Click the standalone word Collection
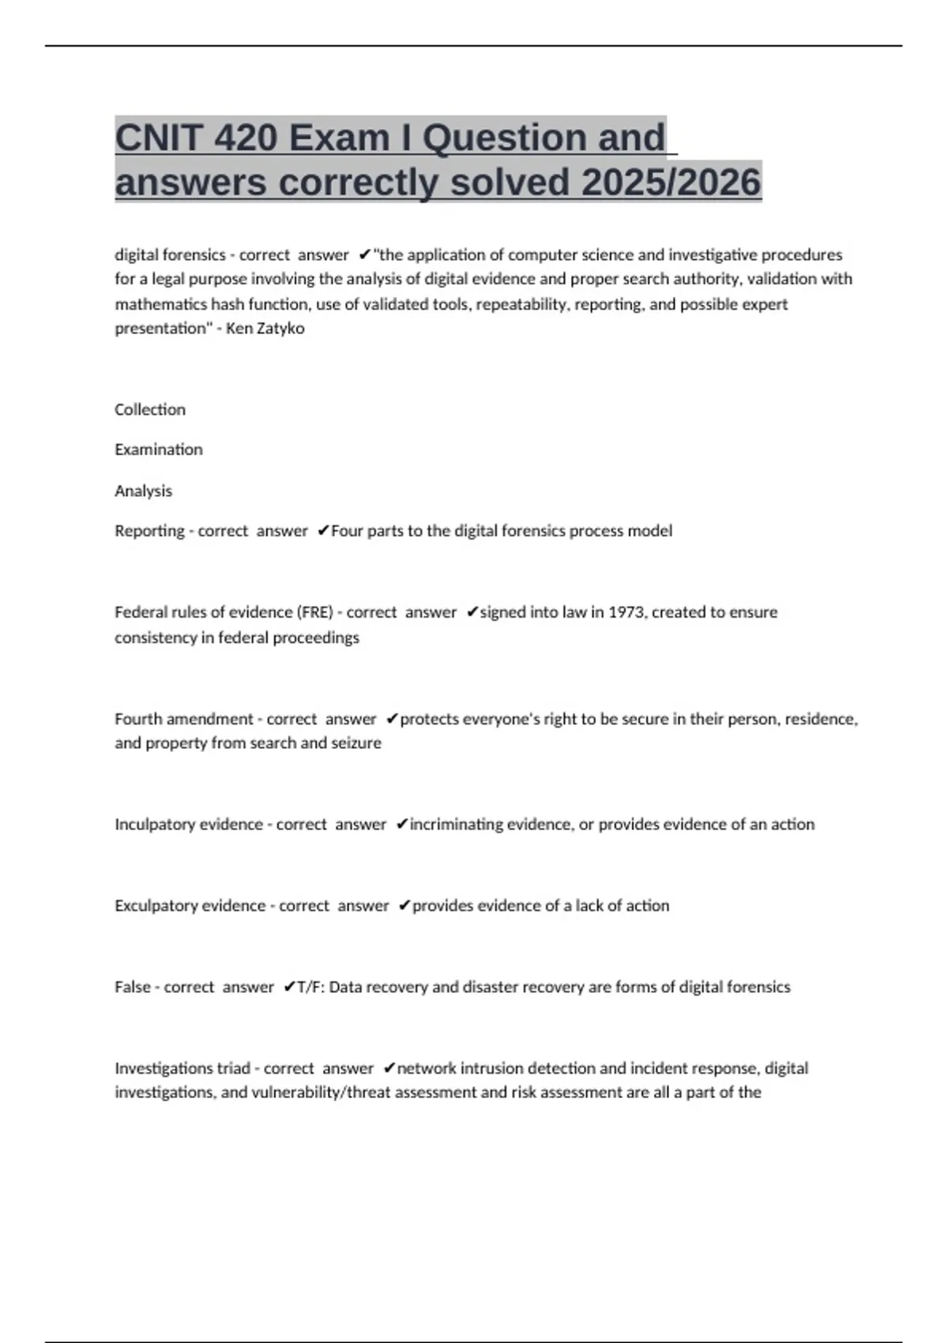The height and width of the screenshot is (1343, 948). point(150,410)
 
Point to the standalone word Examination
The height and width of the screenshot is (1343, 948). point(159,450)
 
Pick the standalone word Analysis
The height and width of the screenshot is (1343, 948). point(143,491)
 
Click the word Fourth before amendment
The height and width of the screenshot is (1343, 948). point(138,719)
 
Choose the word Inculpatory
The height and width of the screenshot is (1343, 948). point(155,825)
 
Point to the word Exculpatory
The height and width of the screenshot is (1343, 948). point(156,906)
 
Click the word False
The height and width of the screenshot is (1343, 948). point(132,987)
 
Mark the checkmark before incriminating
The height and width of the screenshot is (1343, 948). point(402,825)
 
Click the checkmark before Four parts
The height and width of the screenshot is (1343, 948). point(323,531)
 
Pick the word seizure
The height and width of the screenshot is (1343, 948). point(356,743)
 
